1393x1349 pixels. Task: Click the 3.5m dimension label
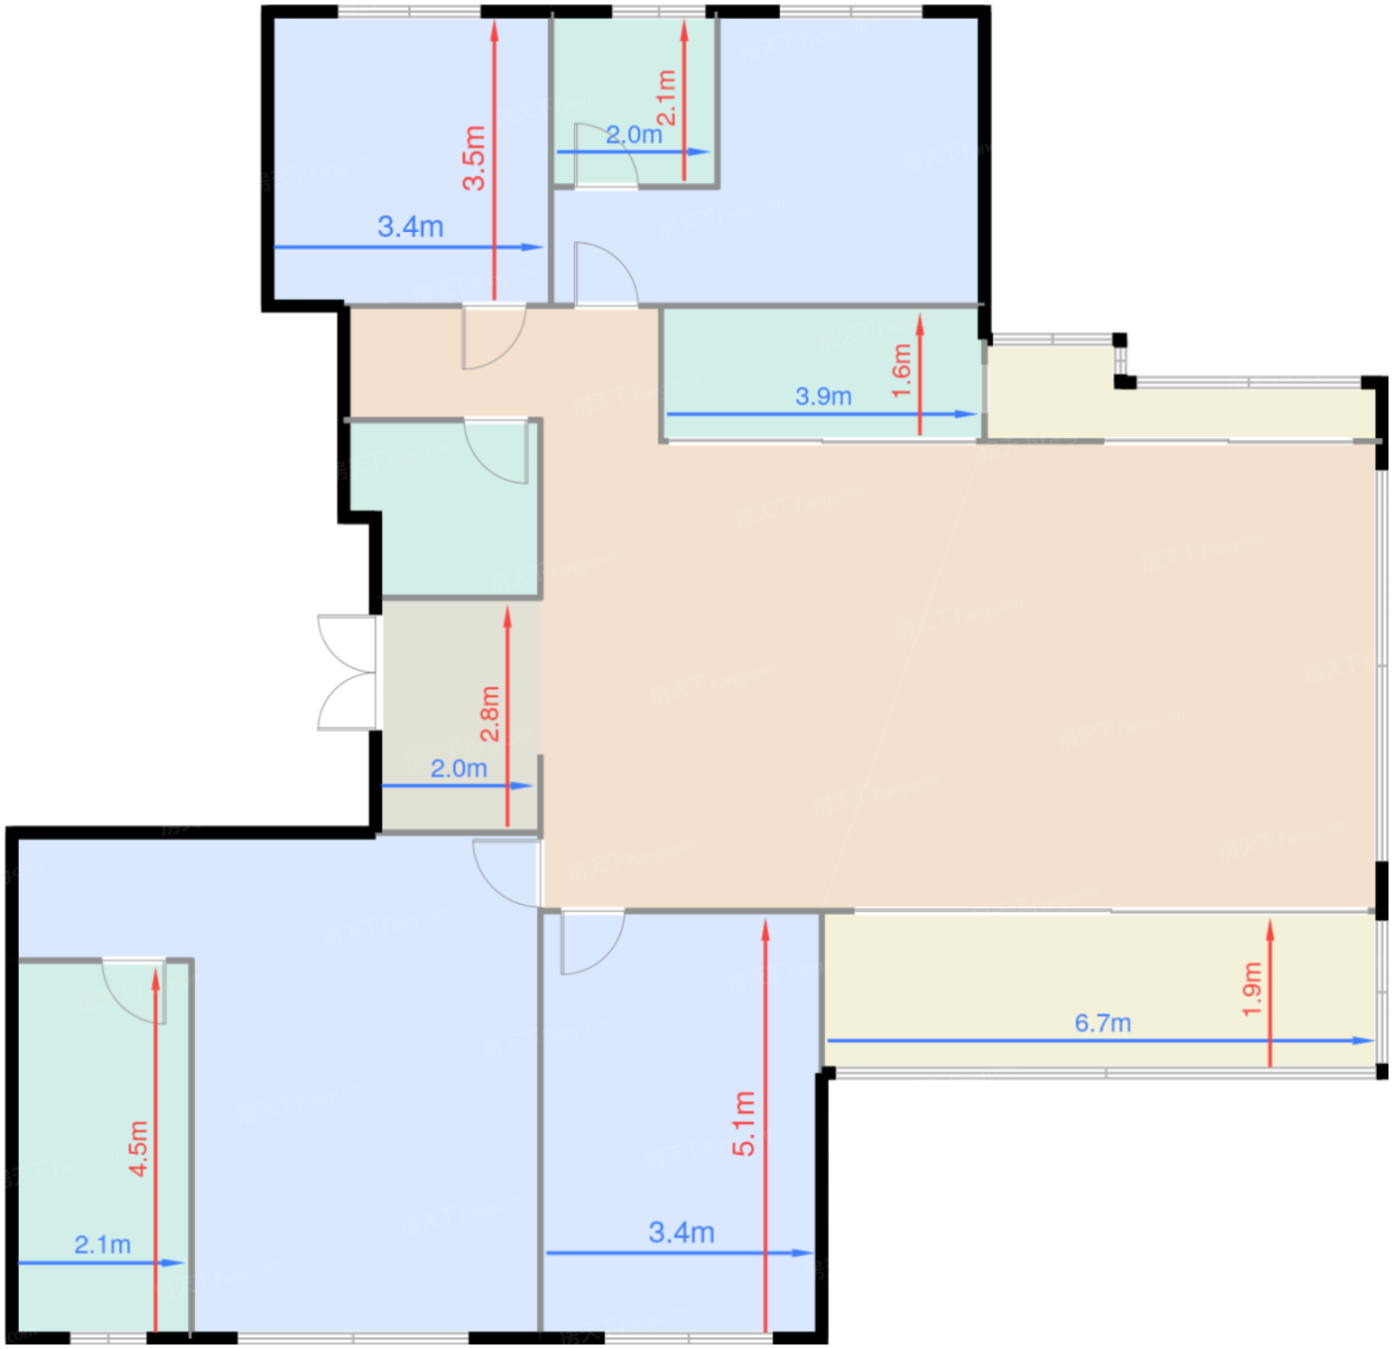coord(474,157)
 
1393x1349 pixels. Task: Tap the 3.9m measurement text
coord(823,396)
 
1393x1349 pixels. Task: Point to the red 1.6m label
coord(901,370)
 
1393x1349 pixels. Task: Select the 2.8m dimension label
coord(491,713)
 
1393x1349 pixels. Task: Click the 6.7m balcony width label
coord(1102,1023)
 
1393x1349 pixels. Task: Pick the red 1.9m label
coord(1252,989)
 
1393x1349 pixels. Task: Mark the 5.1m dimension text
coord(743,1123)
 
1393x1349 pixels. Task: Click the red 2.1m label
coord(667,98)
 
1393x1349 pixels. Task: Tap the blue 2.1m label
coord(102,1244)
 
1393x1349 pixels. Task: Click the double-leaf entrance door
coord(347,673)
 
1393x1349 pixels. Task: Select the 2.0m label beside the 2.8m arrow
coord(459,769)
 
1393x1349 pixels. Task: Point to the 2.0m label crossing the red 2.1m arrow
coord(634,134)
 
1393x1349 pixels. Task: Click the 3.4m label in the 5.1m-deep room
coord(682,1233)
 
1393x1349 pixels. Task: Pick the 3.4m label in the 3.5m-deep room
coord(410,226)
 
